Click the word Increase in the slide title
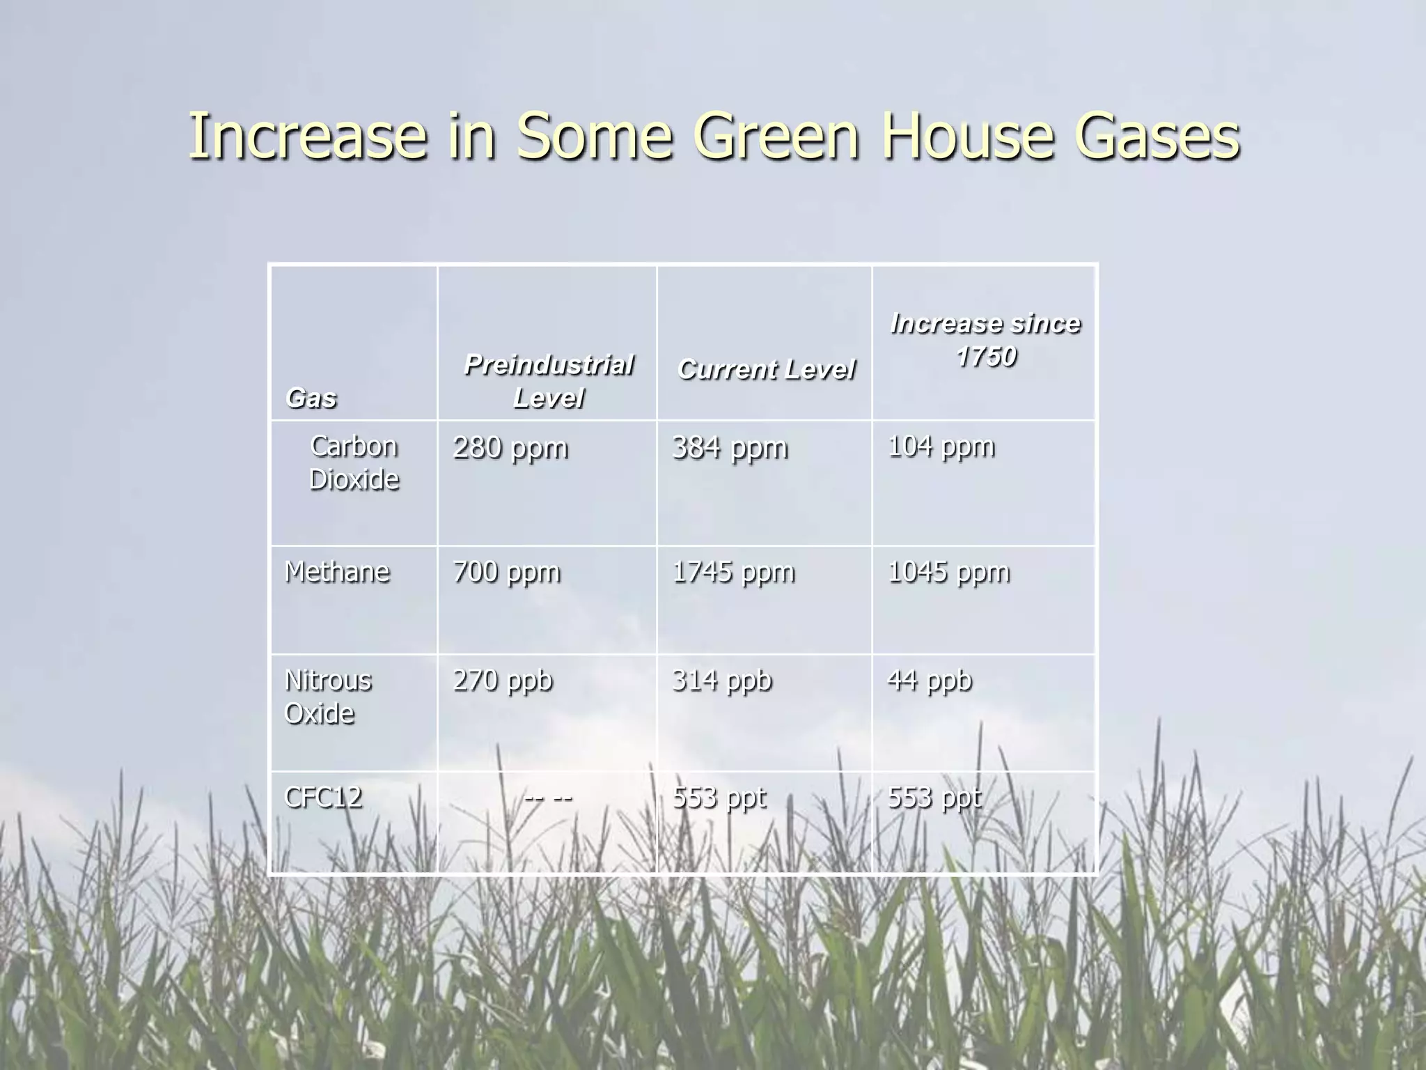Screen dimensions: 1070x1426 (306, 137)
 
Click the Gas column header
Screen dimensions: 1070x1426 (311, 398)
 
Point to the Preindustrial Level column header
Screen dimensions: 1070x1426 (548, 381)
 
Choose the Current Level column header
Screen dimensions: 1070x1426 (765, 369)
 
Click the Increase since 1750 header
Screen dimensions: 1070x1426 (985, 339)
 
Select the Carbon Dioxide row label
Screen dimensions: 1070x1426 (354, 463)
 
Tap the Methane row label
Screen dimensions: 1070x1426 (337, 572)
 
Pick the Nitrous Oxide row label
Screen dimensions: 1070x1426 (328, 697)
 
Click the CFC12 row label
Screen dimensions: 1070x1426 (323, 797)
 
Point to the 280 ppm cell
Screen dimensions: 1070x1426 (510, 448)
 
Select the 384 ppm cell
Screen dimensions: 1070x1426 (730, 448)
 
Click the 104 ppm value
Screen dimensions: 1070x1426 (941, 447)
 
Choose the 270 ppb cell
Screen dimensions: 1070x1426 (503, 681)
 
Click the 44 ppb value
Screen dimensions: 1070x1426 (930, 681)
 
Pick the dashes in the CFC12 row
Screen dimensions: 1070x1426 (548, 797)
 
